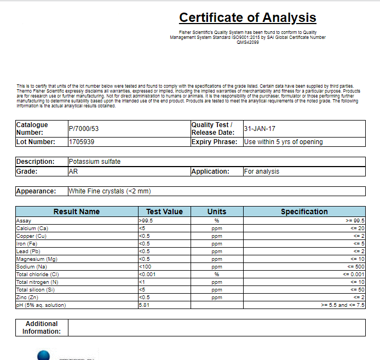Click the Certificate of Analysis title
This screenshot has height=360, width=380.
click(x=247, y=18)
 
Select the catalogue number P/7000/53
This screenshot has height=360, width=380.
click(x=83, y=129)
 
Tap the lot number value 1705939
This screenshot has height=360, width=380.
click(x=81, y=142)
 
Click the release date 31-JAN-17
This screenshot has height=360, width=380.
click(x=260, y=129)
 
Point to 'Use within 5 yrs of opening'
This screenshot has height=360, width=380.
click(x=283, y=142)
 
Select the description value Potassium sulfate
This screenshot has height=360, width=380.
click(x=94, y=162)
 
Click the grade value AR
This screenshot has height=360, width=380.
click(x=73, y=172)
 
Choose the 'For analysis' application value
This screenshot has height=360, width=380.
click(x=262, y=172)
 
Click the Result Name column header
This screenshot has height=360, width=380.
click(x=76, y=212)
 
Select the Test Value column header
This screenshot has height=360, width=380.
click(x=164, y=212)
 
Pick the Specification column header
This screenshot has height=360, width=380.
click(x=304, y=212)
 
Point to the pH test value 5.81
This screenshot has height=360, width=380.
click(x=145, y=305)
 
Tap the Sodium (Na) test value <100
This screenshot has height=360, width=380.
click(x=146, y=266)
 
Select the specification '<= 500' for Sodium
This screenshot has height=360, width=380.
click(x=356, y=266)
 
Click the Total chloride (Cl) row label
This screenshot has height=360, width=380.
click(x=37, y=274)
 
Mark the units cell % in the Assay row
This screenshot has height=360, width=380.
click(x=216, y=220)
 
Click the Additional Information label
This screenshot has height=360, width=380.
click(x=42, y=328)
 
